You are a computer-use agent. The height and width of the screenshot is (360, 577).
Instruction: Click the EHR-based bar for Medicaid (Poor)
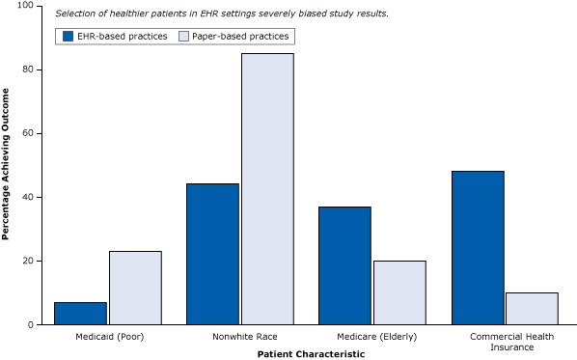(80, 313)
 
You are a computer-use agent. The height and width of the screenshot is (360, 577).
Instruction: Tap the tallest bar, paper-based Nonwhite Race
(267, 188)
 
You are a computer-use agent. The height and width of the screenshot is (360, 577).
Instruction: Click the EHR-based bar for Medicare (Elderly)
(344, 265)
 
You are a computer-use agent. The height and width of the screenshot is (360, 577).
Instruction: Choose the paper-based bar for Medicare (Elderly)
(399, 292)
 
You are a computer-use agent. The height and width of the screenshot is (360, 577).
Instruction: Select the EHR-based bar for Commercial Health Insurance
(477, 247)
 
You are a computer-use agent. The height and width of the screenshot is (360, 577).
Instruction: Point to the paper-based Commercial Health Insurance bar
(532, 308)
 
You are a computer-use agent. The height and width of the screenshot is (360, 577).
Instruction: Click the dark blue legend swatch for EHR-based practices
(69, 36)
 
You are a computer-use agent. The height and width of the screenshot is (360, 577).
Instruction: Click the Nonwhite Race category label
(239, 337)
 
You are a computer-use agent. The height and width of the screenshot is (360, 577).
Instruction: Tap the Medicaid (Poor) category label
(107, 337)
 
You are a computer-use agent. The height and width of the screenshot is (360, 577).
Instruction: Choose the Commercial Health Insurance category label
(504, 342)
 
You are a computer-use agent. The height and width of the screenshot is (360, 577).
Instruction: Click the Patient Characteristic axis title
(311, 354)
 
